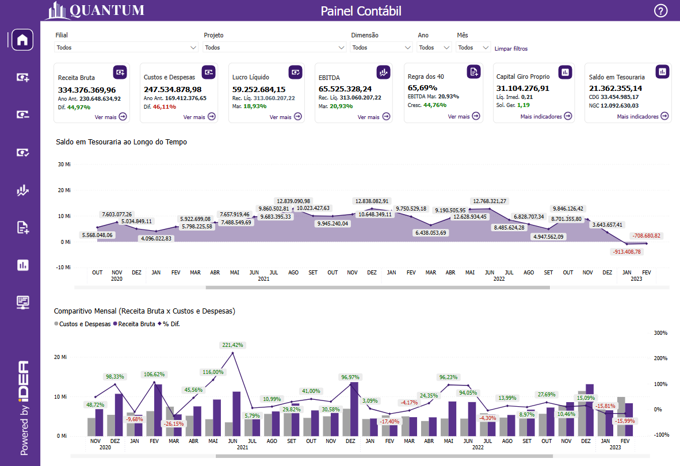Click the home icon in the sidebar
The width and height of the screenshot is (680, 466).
(22, 40)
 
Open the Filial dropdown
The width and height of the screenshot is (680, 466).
(127, 48)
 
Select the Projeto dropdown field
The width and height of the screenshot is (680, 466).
(274, 48)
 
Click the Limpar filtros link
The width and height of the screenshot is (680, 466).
(511, 49)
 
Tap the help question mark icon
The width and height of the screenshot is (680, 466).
(661, 11)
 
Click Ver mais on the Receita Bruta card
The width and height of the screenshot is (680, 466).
(111, 117)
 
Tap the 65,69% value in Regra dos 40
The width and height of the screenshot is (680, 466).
(422, 88)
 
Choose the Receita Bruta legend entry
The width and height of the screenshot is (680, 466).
(136, 324)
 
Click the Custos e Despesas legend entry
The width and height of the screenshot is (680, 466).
(85, 324)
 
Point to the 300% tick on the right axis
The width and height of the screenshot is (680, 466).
(661, 333)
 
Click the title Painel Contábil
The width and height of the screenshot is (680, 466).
(361, 11)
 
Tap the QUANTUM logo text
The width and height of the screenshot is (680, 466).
(106, 10)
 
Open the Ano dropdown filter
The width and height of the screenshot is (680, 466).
(434, 48)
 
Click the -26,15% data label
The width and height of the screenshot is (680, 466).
(174, 424)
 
